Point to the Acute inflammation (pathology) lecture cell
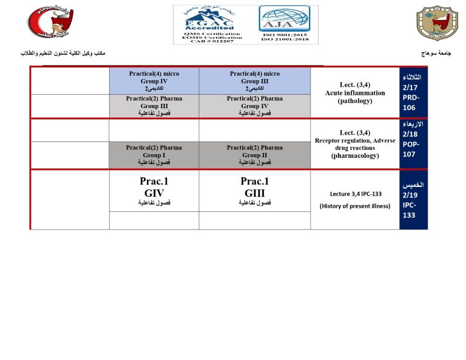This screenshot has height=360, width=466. point(355,93)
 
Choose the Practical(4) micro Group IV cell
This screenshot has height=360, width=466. point(154,81)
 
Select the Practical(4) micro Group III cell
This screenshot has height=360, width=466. point(255,81)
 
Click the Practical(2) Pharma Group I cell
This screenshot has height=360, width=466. point(154,155)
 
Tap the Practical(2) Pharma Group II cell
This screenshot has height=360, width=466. point(255,155)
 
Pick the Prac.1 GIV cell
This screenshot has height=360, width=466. point(154,191)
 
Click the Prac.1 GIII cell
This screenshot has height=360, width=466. point(255,191)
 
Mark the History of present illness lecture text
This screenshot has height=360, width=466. point(355,206)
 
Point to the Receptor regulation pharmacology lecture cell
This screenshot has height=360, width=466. point(355,144)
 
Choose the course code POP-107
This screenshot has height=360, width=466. point(412,149)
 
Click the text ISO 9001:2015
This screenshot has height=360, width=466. point(284,35)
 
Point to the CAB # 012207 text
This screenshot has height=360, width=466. point(208,41)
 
